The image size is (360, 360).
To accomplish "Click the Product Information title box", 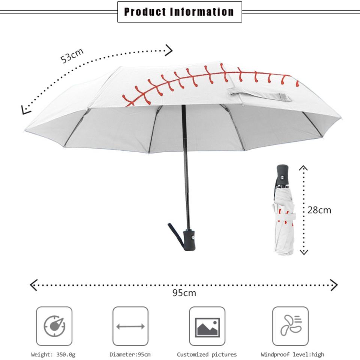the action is click(x=180, y=12).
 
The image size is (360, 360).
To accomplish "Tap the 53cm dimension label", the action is click(x=72, y=56).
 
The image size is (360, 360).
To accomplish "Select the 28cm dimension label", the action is click(x=319, y=210).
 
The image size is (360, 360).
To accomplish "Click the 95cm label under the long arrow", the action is click(x=184, y=292).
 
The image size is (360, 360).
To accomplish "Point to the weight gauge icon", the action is click(x=54, y=326).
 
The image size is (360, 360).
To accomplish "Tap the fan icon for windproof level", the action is click(x=290, y=326).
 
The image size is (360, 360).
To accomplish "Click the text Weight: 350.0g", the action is click(x=53, y=354).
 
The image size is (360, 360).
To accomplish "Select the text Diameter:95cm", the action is click(x=130, y=354).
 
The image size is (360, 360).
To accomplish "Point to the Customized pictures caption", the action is click(x=207, y=354).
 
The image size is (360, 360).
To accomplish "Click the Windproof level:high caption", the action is click(x=292, y=354).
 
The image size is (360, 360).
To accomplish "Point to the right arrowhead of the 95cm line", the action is click(x=334, y=285).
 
